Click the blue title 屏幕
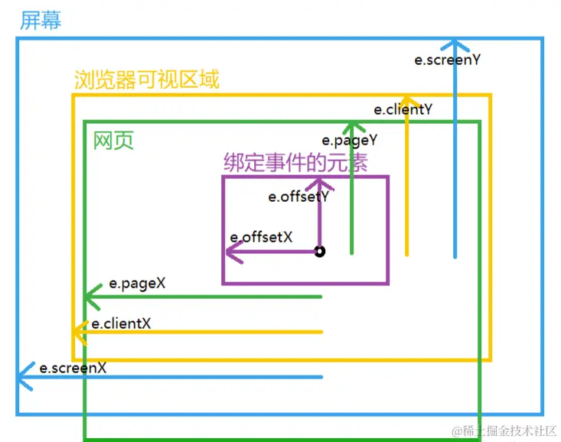pos(41,21)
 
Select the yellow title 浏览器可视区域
pos(147,80)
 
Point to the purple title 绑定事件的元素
pos(295,163)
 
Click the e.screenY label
pos(447,59)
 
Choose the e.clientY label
pos(403,109)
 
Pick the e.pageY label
pos(349,141)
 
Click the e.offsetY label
pos(298,197)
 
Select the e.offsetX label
pos(261,237)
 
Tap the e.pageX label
pos(137,283)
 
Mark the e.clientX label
pos(121,323)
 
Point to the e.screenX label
pos(73,368)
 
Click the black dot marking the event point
pos(320,252)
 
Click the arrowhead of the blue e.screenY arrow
pos(455,43)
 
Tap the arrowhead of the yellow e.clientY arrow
pos(407,100)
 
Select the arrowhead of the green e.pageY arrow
pos(351,126)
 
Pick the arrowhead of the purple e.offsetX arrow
pos(233,252)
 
